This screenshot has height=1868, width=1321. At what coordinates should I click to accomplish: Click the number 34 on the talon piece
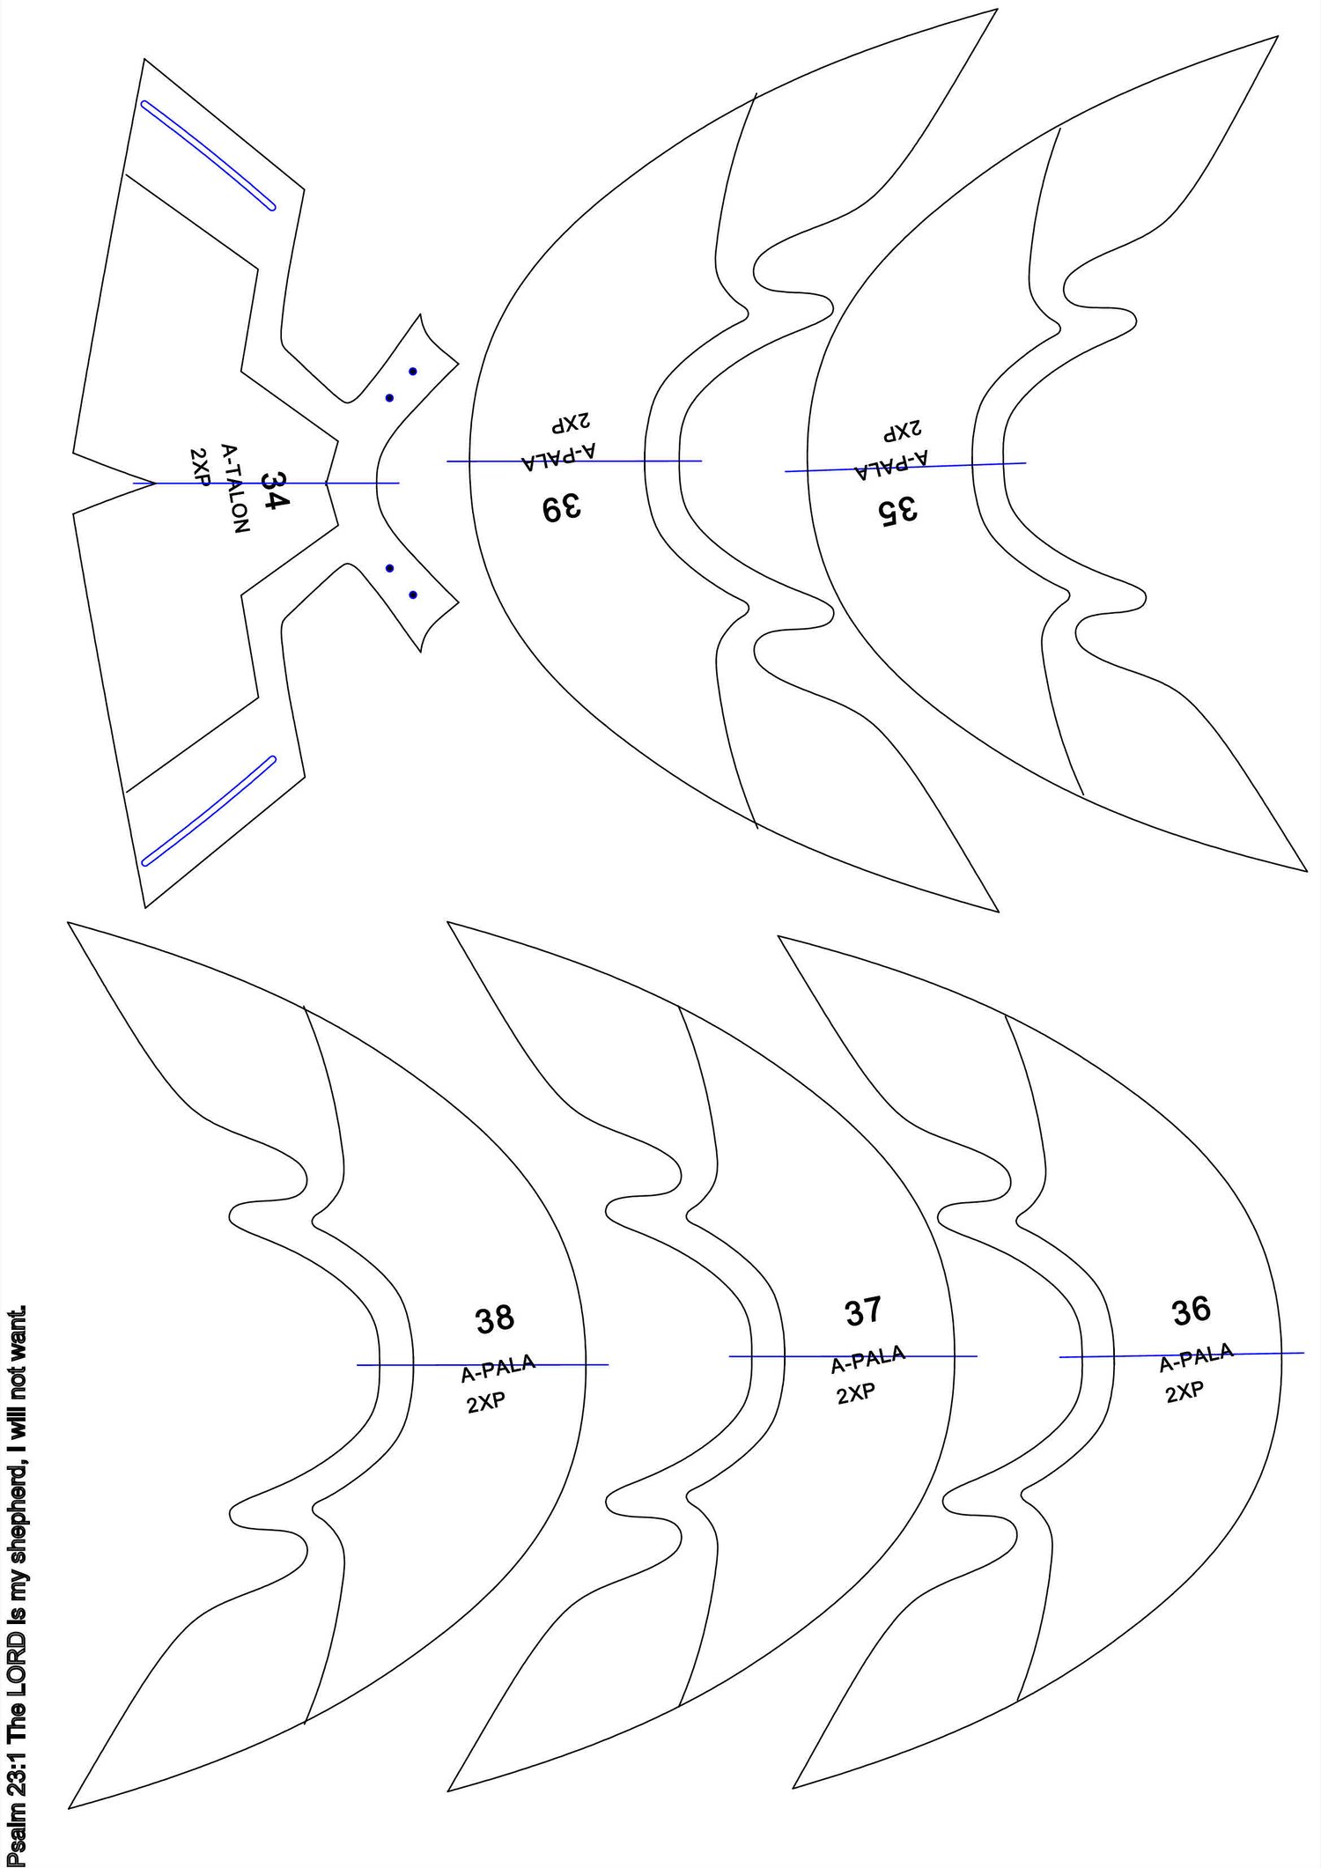275,491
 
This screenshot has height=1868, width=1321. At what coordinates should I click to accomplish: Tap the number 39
562,508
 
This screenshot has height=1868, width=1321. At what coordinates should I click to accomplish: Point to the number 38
494,1318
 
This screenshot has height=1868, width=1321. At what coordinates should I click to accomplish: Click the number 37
862,1311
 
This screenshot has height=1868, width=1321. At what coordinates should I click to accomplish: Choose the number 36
1192,1311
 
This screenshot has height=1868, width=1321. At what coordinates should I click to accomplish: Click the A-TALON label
235,488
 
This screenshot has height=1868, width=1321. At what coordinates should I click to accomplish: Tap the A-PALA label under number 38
498,1369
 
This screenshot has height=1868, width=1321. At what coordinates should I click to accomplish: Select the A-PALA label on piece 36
1196,1358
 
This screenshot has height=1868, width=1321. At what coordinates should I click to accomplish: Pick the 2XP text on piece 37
855,1393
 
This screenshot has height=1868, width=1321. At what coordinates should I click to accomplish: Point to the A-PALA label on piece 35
891,464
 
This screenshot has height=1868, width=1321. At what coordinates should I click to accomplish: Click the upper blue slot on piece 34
209,155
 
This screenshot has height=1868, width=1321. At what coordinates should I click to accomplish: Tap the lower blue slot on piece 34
209,810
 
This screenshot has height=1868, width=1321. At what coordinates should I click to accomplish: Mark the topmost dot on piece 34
413,371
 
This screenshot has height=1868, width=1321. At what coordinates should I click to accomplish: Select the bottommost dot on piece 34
413,595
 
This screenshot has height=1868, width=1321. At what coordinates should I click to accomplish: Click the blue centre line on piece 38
483,1365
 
